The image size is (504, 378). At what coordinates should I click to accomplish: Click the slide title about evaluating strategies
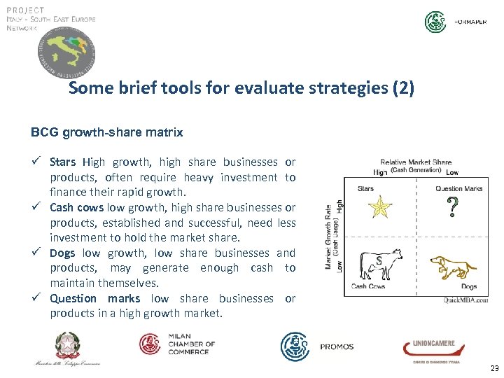241,89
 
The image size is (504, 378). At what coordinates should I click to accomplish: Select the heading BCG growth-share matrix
107,132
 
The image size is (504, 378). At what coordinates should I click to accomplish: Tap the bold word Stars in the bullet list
64,162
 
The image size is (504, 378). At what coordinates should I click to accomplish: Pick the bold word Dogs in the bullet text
62,253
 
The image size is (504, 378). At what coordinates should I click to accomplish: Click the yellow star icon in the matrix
381,207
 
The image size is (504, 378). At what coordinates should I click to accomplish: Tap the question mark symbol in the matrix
453,206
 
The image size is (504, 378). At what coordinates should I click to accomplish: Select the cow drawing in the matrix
379,265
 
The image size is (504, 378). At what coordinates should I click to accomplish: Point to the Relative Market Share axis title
416,162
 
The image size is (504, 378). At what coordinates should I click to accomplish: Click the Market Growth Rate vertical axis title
329,236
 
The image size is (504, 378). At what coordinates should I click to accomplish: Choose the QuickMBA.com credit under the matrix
465,300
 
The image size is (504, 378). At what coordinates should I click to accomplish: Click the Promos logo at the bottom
317,346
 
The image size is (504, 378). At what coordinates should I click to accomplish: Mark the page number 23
494,368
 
